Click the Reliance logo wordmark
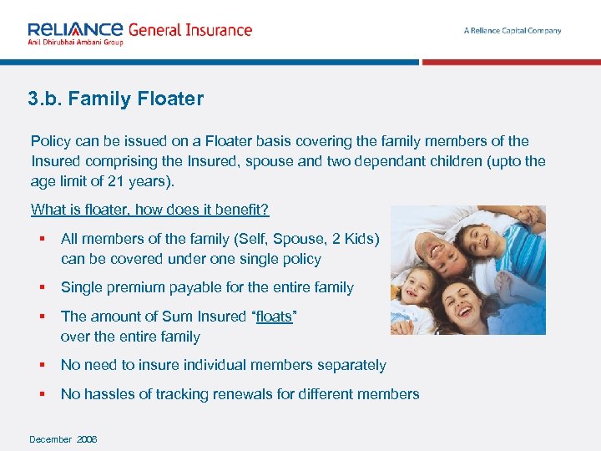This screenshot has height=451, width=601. [x=76, y=28]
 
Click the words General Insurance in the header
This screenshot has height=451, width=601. [x=189, y=30]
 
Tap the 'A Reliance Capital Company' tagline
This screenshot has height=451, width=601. [x=513, y=31]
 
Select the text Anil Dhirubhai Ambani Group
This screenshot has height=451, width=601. [x=75, y=42]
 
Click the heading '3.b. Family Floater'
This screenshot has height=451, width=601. [x=115, y=99]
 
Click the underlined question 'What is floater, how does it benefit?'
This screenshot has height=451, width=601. [x=150, y=209]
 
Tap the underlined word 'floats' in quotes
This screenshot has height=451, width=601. [x=275, y=317]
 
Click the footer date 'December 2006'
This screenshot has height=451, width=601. [x=63, y=439]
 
